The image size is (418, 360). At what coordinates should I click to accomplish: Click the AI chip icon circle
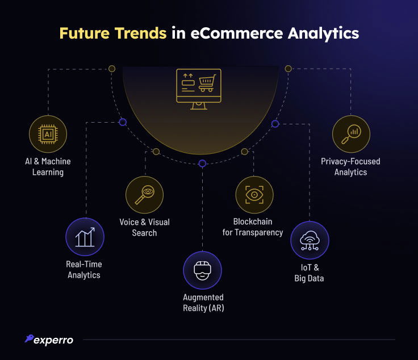48,134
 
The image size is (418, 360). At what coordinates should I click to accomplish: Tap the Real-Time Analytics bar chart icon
85,237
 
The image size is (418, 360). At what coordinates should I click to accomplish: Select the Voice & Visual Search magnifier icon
144,195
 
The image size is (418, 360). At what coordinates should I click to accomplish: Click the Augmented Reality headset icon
202,270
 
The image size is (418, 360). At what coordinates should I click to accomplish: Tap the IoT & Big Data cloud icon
310,240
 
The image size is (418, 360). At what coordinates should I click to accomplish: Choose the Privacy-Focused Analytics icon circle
351,134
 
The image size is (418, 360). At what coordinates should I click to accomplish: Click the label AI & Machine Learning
48,166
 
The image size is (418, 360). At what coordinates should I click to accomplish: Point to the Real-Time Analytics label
84,270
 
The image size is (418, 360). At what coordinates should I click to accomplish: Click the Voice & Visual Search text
144,227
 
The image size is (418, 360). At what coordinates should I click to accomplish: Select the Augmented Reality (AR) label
203,303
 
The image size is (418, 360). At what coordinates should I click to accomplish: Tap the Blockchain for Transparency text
253,227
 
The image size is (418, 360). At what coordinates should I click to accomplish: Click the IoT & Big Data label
309,273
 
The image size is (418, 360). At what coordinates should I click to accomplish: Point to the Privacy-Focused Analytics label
350,166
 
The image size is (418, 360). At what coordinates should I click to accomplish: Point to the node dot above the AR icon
202,164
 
